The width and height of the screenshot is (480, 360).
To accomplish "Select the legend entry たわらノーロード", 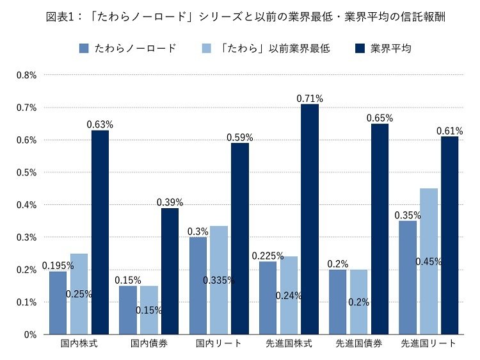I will coord(127,49).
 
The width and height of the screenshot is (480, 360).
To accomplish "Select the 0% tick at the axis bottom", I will coord(30,334).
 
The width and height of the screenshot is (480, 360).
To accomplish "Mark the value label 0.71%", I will coord(310,99).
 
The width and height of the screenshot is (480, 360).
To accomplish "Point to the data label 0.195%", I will coord(58,265).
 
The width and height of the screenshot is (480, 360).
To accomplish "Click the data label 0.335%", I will coord(219,280).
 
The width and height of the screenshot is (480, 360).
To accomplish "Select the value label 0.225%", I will coord(268,256).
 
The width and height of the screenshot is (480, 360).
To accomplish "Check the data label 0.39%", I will coord(170,202).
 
